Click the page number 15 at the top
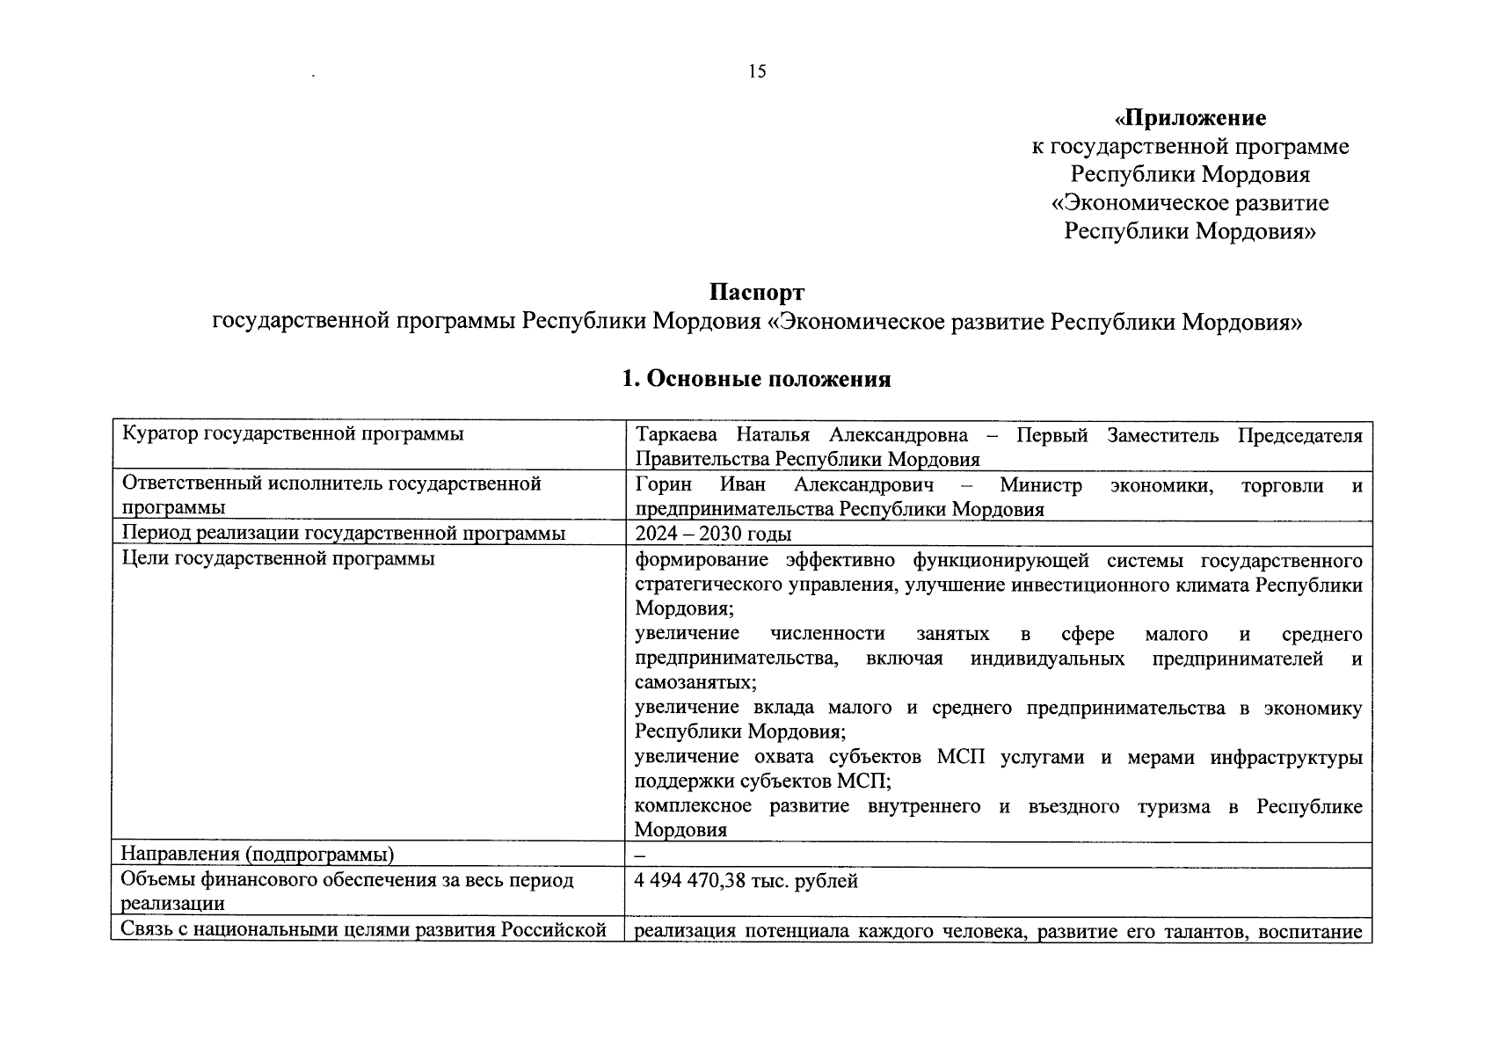click(757, 72)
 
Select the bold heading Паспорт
click(756, 292)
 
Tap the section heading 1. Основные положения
click(756, 379)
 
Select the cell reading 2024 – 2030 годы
click(713, 534)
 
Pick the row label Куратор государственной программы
click(293, 433)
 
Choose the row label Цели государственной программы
click(278, 557)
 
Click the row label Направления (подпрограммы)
click(257, 855)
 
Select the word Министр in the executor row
click(1040, 485)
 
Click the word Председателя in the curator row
click(1300, 436)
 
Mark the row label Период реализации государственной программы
click(343, 534)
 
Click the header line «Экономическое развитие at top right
click(1190, 203)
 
